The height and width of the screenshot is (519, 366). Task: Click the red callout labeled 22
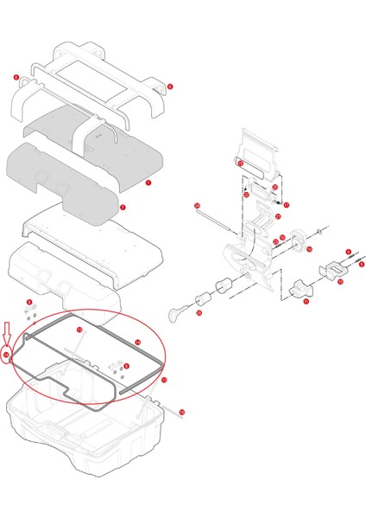(x=246, y=195)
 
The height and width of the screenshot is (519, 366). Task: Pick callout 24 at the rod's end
(x=197, y=205)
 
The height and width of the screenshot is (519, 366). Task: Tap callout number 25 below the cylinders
(x=199, y=313)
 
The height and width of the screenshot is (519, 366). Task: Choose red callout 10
(x=339, y=281)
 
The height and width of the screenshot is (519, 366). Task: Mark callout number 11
(x=306, y=302)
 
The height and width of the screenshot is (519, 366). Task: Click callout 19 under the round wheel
(x=308, y=249)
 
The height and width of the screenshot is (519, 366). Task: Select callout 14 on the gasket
(x=136, y=342)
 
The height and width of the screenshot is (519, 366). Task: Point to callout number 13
(x=79, y=330)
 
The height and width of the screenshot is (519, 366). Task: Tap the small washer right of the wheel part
(x=320, y=230)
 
